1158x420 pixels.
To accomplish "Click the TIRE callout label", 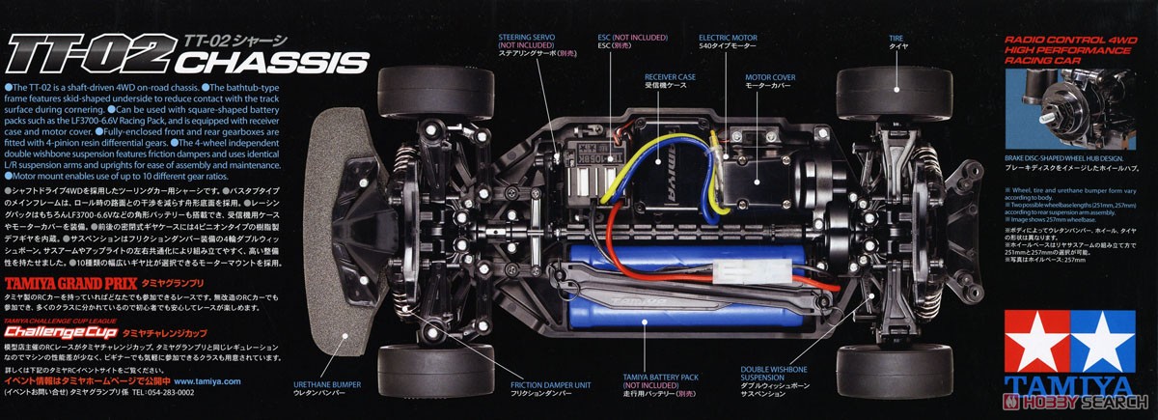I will [896, 38].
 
